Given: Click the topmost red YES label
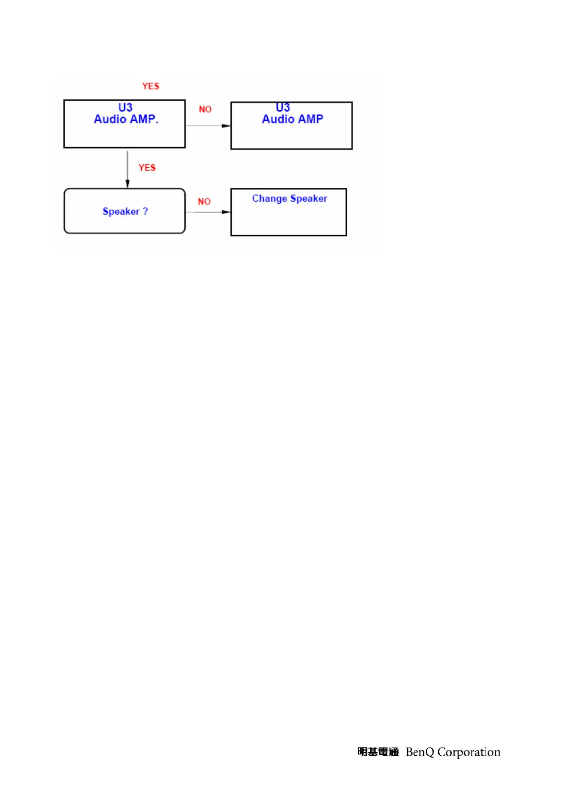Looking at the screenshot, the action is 150,86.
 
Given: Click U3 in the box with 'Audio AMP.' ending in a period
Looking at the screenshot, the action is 125,107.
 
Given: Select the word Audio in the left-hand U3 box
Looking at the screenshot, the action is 110,119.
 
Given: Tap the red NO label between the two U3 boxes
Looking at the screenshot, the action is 205,109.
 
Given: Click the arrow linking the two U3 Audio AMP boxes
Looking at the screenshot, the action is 208,126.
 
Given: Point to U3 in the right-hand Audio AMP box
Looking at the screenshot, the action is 283,107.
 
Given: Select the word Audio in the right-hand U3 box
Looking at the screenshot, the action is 278,119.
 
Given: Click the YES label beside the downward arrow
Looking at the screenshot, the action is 147,168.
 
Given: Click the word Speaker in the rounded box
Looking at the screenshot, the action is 121,211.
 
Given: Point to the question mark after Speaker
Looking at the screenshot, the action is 146,211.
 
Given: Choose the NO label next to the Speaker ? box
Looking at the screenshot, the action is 204,202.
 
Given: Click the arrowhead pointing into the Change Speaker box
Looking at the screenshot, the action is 226,212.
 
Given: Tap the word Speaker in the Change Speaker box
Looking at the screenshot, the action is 308,199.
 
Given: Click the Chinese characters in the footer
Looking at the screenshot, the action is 378,752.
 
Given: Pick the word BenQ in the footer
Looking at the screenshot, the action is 419,752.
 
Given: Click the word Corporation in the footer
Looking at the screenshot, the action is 469,752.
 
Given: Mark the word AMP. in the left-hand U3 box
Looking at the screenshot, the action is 144,119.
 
